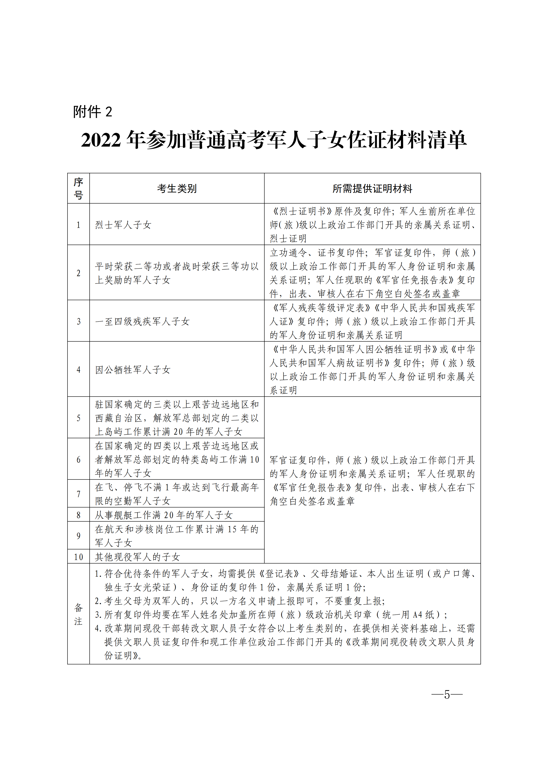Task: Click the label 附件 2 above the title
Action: (92, 112)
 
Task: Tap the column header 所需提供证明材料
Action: (372, 189)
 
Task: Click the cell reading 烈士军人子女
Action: (123, 225)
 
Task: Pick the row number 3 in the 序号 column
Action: (79, 321)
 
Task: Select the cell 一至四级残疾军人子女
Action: (142, 321)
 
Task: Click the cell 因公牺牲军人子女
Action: (133, 369)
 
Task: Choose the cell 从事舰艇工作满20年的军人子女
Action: (164, 515)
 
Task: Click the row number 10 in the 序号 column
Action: (79, 557)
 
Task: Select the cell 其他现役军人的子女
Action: (138, 557)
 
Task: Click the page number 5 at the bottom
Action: (447, 695)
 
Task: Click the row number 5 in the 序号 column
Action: (79, 418)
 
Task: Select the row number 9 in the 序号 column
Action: (79, 536)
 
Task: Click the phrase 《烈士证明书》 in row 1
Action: (302, 211)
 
